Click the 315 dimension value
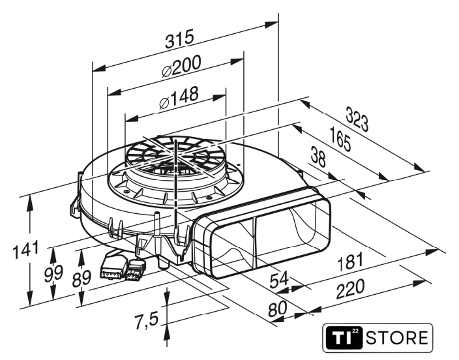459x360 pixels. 179,38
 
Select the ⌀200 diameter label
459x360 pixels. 181,67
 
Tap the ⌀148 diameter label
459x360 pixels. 179,97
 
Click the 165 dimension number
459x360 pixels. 340,139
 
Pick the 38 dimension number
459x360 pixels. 318,157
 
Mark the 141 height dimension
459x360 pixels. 26,249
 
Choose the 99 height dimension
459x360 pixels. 53,273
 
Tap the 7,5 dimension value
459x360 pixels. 146,320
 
